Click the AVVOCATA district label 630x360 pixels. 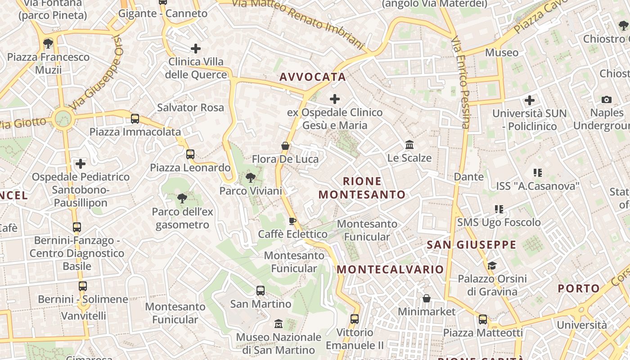(x=313, y=77)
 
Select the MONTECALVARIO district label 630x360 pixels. (x=390, y=270)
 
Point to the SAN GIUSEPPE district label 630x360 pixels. (x=471, y=245)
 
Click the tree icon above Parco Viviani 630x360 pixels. (x=250, y=178)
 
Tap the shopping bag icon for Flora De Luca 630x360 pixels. (x=285, y=146)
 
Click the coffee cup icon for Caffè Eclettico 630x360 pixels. (x=292, y=221)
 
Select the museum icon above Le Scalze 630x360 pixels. (x=409, y=145)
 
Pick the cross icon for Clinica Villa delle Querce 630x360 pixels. (x=196, y=48)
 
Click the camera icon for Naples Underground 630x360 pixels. (x=606, y=99)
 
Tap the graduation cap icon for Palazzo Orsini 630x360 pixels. (x=492, y=265)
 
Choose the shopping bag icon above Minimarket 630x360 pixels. (x=426, y=298)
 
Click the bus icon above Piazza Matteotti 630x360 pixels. (x=483, y=319)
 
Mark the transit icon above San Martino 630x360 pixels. (x=261, y=291)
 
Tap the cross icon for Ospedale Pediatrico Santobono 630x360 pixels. (x=81, y=164)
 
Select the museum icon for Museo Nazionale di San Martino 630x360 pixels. (x=279, y=324)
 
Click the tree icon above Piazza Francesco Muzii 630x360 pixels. (x=48, y=44)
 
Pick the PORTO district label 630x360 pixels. (x=579, y=288)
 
